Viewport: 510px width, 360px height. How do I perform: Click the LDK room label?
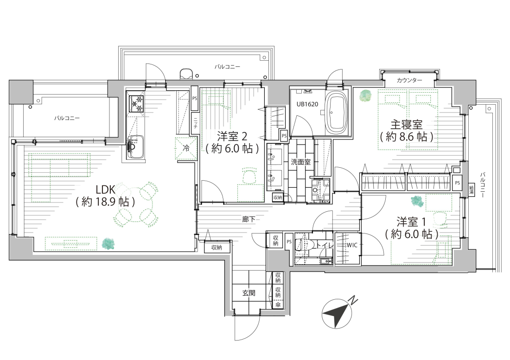pos(105,196)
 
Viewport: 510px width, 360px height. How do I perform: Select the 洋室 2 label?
pos(233,142)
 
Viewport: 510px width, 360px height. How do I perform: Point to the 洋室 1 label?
pos(411,228)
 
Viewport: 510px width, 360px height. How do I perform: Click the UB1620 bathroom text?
pos(307,104)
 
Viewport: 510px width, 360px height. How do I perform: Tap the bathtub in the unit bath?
pos(337,113)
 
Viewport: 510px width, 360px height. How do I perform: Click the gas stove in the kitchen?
pos(136,103)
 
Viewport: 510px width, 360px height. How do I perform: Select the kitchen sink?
pos(135,146)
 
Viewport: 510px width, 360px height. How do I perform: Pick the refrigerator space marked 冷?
pos(186,148)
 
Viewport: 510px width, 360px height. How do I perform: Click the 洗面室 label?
pos(300,162)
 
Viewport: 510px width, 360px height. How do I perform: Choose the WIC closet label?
pos(352,245)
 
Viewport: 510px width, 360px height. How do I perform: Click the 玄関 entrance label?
pos(249,293)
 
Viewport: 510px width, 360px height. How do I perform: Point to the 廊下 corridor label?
pos(249,219)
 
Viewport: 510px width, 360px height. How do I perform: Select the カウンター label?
pos(409,80)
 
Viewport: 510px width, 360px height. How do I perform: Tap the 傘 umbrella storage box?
pos(278,304)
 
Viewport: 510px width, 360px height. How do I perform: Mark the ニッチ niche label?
pos(195,123)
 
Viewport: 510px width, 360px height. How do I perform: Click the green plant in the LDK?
pos(108,244)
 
